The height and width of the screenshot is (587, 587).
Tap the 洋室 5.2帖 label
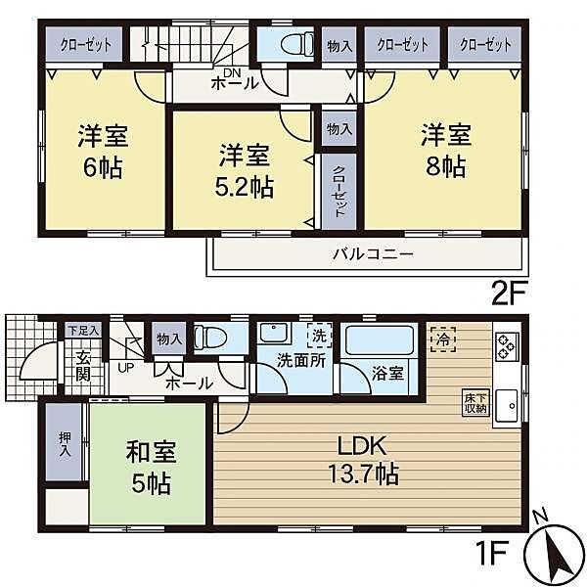(x=245, y=168)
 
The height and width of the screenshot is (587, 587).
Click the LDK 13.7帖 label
(x=367, y=459)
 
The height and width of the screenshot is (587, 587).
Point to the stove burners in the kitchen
(x=508, y=345)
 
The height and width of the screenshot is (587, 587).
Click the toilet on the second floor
(x=292, y=45)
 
